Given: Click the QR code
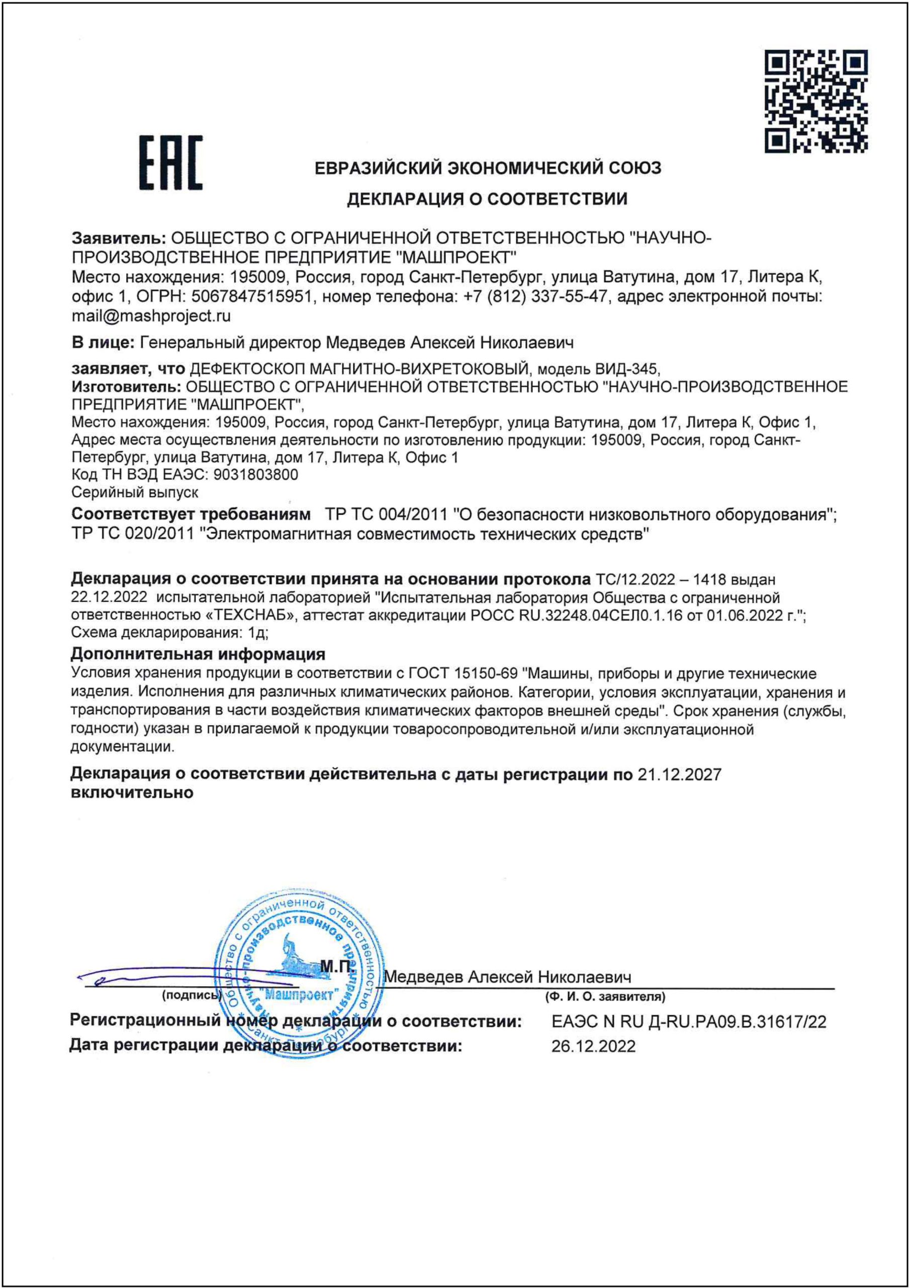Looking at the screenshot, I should coord(816,102).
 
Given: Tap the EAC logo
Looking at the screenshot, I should coord(171,162).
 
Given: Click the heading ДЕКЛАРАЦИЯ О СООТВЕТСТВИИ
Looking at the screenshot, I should coord(487,199).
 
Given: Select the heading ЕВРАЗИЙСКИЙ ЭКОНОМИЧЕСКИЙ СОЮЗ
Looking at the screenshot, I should coord(488,168).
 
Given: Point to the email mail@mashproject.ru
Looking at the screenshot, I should coord(151,316).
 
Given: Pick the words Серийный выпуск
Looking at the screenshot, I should coord(135,492).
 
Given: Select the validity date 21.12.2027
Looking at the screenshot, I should coord(680,775).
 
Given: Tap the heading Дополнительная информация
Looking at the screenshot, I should coord(198,654).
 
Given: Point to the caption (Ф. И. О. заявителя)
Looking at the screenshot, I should coord(605,997).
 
